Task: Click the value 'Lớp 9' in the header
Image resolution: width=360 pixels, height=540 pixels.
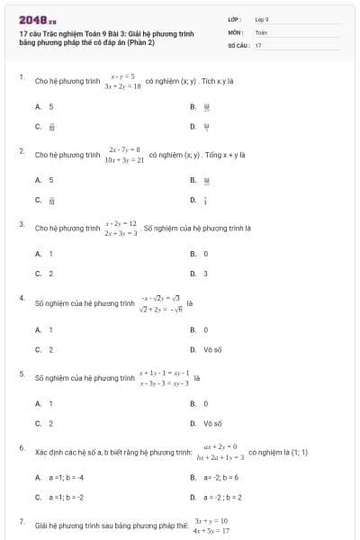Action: pyautogui.click(x=262, y=19)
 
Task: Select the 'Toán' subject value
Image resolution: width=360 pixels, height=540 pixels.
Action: pyautogui.click(x=261, y=31)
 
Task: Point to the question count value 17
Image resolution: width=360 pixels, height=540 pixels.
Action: pyautogui.click(x=258, y=44)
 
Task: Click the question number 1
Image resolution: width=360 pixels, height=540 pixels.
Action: pyautogui.click(x=21, y=77)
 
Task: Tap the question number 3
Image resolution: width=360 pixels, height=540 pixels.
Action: pyautogui.click(x=21, y=223)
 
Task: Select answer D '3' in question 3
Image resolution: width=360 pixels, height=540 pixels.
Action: pyautogui.click(x=205, y=273)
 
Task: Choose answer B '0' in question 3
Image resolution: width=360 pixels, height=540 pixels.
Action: pyautogui.click(x=205, y=254)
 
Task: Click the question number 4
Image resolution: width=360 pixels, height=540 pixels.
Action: pyautogui.click(x=21, y=297)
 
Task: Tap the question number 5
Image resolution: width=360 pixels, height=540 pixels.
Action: pyautogui.click(x=21, y=372)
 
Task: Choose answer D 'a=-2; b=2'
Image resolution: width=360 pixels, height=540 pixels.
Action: pyautogui.click(x=220, y=496)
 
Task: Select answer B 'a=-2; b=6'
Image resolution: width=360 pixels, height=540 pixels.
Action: pyautogui.click(x=220, y=477)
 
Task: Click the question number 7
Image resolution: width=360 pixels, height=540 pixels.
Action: pyautogui.click(x=21, y=521)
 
